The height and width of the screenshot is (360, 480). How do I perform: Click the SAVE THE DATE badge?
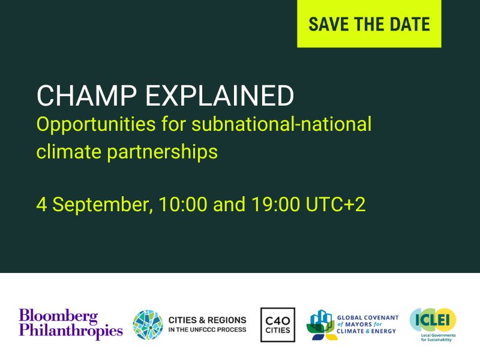[x=369, y=24]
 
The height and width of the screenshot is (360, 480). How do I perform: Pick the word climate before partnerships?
[x=66, y=151]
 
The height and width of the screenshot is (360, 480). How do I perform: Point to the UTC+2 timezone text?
[x=336, y=204]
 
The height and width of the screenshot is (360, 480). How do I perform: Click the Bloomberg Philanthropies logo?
[x=70, y=323]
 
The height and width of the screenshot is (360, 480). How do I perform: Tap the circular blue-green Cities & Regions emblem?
[x=148, y=325]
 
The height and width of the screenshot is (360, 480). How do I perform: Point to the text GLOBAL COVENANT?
[x=368, y=317]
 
